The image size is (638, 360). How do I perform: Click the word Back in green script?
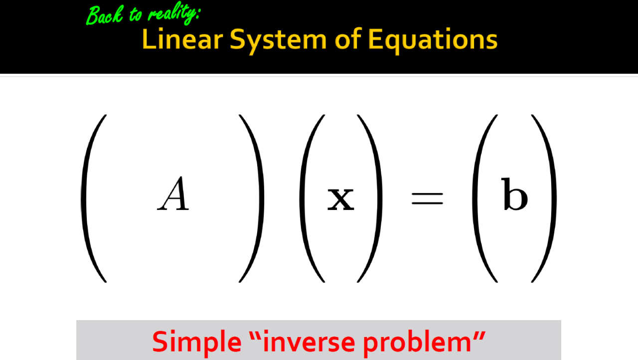click(x=105, y=15)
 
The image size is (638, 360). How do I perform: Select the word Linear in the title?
click(x=182, y=39)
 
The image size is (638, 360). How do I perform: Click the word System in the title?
click(x=278, y=41)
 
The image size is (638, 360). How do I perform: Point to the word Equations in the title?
click(x=433, y=41)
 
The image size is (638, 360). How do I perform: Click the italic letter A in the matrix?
click(x=173, y=193)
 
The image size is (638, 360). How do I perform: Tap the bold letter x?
click(x=341, y=199)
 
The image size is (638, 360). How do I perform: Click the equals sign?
click(x=427, y=198)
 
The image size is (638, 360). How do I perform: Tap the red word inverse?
click(x=309, y=342)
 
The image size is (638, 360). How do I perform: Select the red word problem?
click(x=417, y=343)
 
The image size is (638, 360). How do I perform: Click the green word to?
click(x=135, y=14)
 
